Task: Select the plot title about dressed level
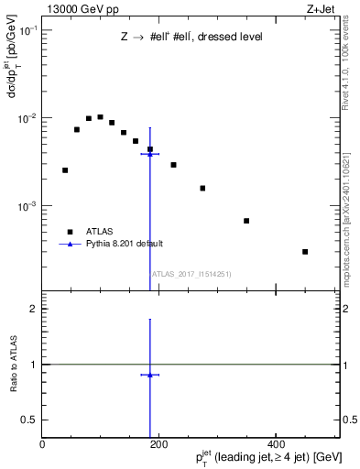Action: (191, 38)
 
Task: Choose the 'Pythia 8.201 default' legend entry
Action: (125, 244)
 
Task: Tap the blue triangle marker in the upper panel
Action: (150, 154)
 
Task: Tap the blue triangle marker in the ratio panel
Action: (150, 375)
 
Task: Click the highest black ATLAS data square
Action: (100, 117)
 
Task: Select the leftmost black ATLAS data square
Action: (65, 169)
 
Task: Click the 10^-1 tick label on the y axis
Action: (27, 30)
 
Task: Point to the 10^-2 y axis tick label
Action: (27, 118)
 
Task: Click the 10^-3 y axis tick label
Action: (27, 206)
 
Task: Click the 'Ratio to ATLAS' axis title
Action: (12, 365)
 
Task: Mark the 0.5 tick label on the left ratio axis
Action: (29, 420)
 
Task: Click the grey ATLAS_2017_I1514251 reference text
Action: (191, 274)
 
